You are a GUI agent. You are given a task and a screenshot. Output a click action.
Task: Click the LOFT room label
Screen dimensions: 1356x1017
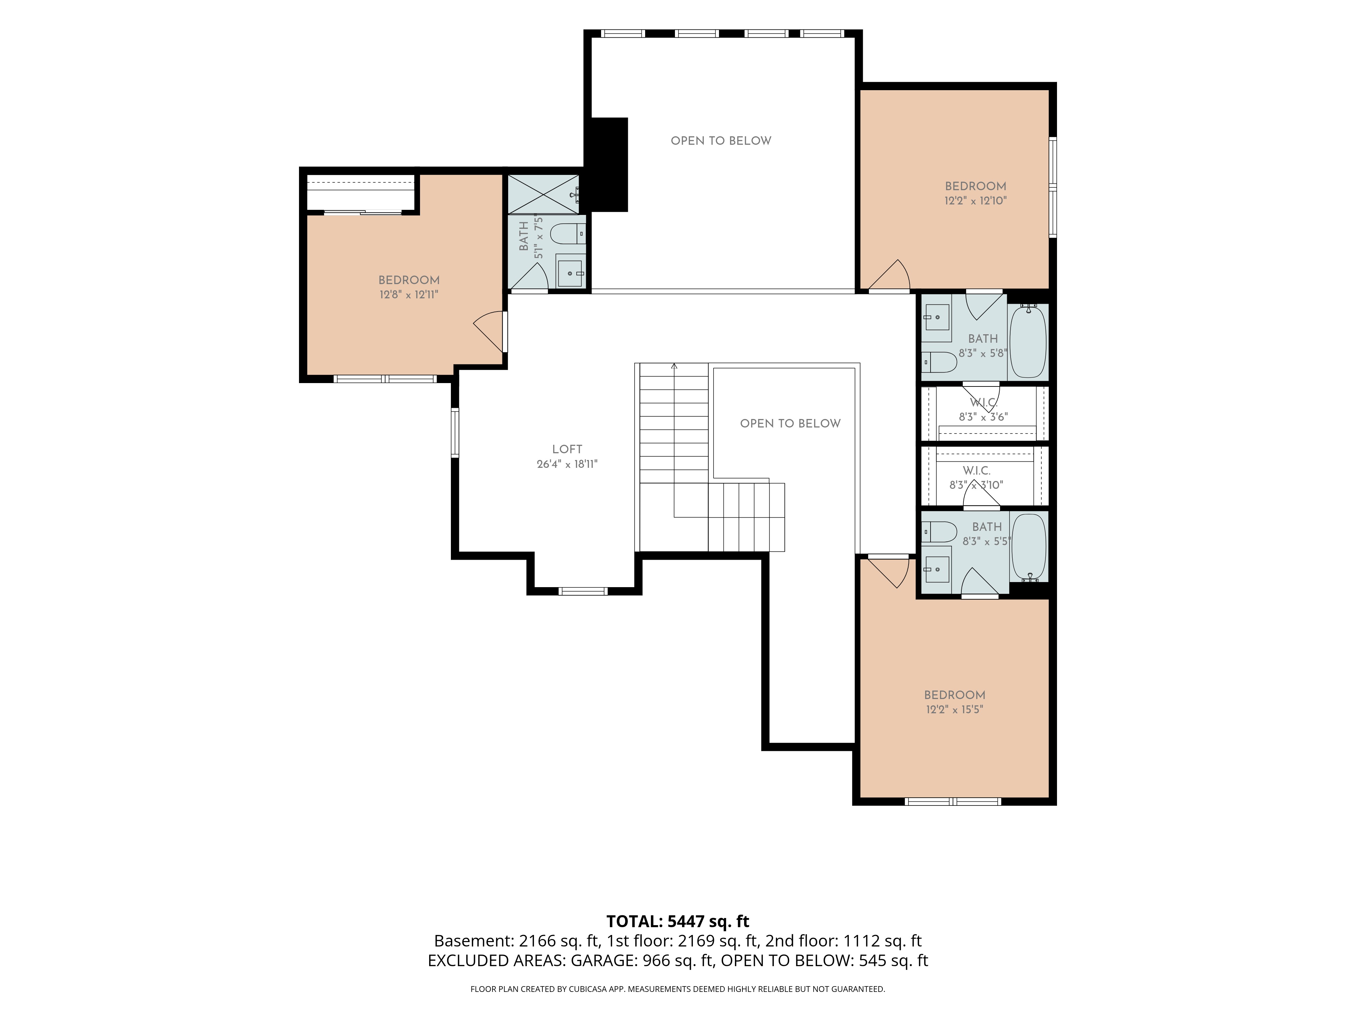click(x=567, y=449)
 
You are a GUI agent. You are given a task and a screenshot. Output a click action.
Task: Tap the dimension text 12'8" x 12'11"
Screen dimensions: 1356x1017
click(x=409, y=294)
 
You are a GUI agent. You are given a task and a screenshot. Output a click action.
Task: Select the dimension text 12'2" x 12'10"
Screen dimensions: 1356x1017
click(x=975, y=200)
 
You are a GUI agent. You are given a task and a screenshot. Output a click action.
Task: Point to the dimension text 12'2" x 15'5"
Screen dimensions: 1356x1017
click(x=955, y=709)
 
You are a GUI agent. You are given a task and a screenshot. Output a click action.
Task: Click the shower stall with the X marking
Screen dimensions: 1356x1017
click(x=543, y=194)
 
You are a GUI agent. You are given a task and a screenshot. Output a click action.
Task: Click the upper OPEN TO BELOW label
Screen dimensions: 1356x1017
click(x=721, y=141)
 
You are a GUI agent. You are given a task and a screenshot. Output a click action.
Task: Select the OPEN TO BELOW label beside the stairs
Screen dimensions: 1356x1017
click(x=790, y=424)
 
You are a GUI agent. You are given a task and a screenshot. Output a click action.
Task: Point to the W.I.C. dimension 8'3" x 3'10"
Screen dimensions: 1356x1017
click(x=976, y=485)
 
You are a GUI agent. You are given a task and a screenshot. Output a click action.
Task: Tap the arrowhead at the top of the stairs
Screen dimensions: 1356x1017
click(x=674, y=366)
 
